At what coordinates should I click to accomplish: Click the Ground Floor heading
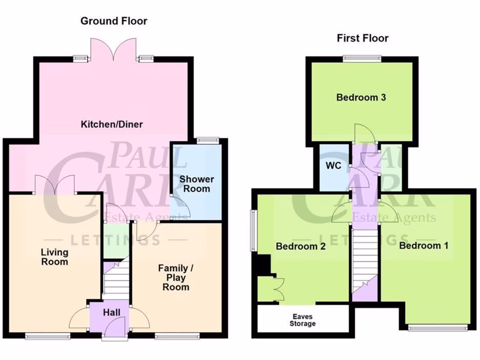113,21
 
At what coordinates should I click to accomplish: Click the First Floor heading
362,38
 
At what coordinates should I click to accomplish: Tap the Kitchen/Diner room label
112,125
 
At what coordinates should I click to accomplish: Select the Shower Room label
196,184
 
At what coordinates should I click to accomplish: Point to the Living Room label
54,257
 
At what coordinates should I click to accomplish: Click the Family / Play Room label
176,277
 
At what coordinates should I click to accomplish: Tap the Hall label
112,313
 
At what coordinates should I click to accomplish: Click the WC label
333,166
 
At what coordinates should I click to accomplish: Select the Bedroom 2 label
300,247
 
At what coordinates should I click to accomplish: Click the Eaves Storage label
302,320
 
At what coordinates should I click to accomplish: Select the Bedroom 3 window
361,59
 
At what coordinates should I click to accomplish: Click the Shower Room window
208,139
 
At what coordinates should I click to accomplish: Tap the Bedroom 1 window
438,328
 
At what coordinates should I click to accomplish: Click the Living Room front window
48,335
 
